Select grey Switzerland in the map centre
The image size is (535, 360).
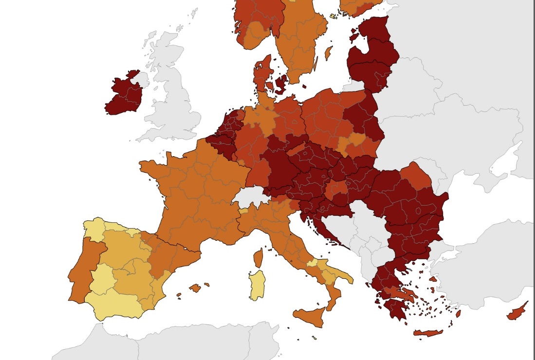251,198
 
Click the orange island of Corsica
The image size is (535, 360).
258,257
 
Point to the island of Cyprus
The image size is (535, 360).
517,311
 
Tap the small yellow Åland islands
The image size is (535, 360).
333,16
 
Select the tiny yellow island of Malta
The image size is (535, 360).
314,337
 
